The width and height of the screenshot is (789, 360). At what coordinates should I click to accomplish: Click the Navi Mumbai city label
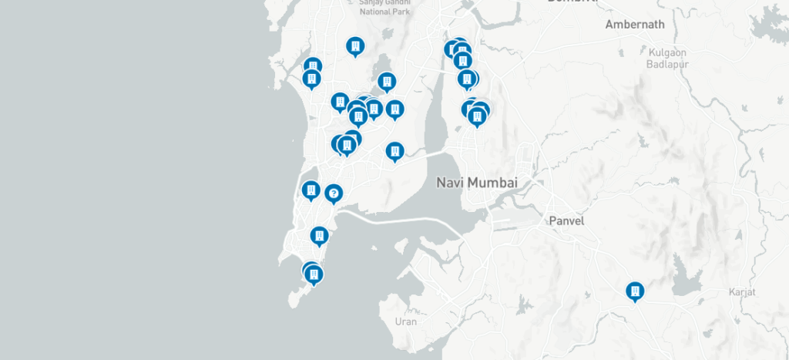(x=477, y=183)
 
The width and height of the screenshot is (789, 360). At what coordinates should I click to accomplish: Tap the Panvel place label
(x=566, y=221)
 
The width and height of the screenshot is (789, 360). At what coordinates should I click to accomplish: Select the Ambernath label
(x=634, y=25)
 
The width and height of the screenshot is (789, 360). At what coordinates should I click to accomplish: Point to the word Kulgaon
(x=667, y=52)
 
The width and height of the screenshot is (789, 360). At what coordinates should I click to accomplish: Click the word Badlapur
(x=667, y=64)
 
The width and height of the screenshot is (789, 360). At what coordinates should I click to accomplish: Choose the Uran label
(x=405, y=321)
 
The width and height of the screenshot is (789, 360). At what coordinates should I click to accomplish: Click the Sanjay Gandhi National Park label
(x=385, y=7)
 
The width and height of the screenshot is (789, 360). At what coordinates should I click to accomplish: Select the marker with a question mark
(x=334, y=193)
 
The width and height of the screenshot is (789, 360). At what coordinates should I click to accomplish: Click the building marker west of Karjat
(x=635, y=291)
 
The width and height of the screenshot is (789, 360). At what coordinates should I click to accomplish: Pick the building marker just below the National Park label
(x=354, y=47)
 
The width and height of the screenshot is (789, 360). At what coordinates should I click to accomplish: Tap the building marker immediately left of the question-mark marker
(x=311, y=190)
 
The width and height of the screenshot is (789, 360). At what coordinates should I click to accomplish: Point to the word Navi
(x=448, y=183)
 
